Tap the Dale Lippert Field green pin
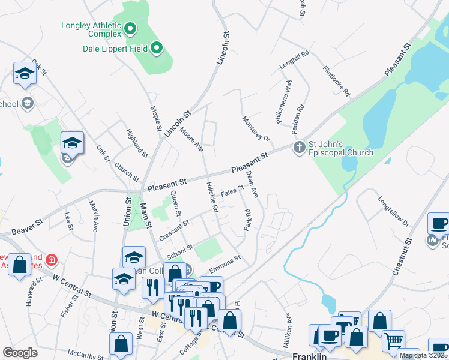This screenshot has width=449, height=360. point(157,47)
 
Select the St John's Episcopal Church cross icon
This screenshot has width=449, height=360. point(299,147)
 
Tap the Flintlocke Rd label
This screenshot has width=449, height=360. point(336,81)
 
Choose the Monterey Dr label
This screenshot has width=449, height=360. point(254,127)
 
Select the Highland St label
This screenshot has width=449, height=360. point(137,143)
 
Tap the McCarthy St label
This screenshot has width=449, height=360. point(82,355)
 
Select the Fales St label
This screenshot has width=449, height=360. point(232,190)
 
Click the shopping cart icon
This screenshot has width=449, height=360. point(393,341)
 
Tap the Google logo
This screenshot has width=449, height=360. point(20,353)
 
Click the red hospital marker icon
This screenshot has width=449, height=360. point(52,260)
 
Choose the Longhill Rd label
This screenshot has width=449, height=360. point(294,61)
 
